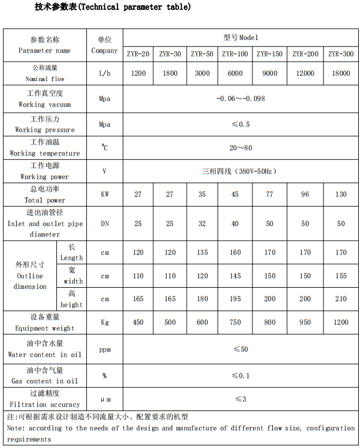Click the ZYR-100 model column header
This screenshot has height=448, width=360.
[235, 54]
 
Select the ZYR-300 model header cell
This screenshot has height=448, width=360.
[341, 54]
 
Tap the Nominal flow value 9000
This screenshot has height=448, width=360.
[270, 73]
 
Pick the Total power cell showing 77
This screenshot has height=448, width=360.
[270, 194]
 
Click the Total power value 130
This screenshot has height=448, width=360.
[341, 194]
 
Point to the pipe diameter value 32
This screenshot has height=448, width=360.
[202, 224]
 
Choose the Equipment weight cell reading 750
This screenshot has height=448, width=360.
[235, 322]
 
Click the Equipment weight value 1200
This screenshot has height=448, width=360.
[341, 322]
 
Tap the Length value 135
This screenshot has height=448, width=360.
[202, 252]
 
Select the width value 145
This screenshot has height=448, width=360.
[235, 276]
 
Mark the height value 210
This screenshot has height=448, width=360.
[341, 299]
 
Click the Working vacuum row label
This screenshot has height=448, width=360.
[45, 99]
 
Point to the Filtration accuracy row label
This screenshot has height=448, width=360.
[45, 399]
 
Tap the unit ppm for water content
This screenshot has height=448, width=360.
[105, 349]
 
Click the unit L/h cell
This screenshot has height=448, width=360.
[105, 73]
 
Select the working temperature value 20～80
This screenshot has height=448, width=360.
[240, 148]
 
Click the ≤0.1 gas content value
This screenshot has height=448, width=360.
[240, 376]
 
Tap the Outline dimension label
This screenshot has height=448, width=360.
[30, 276]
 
